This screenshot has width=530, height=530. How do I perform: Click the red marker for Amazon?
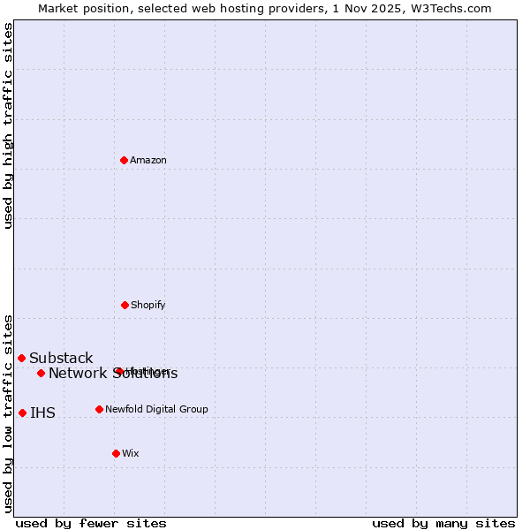click(124, 160)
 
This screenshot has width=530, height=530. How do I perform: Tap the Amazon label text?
click(148, 160)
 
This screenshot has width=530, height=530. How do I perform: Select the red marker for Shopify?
click(125, 305)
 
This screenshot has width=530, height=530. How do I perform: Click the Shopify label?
click(148, 305)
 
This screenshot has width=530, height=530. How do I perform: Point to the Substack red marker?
click(21, 358)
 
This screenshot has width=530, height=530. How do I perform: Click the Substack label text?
click(61, 358)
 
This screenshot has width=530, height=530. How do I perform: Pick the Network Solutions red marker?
click(41, 373)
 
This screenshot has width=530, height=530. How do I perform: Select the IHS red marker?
click(22, 413)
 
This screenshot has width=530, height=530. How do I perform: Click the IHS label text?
click(42, 413)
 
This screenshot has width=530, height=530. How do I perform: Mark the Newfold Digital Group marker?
click(99, 409)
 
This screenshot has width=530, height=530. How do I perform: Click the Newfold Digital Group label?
click(156, 409)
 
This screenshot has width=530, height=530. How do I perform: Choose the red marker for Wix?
click(116, 453)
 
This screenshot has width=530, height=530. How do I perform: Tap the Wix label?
click(131, 453)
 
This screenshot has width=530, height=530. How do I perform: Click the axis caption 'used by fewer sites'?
click(90, 523)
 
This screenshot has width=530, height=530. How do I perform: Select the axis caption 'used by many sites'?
click(443, 523)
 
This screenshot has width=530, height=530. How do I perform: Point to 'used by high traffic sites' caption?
click(8, 125)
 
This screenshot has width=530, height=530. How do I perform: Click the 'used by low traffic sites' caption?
click(8, 413)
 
